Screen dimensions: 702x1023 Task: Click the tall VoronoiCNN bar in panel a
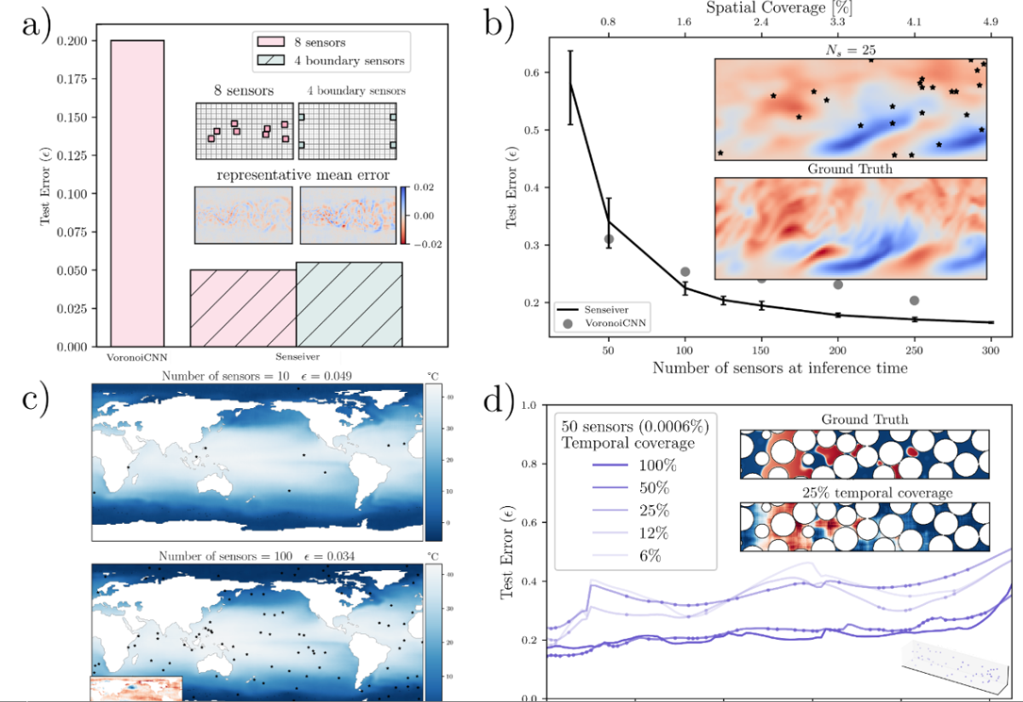137,193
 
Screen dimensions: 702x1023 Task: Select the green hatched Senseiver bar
350,304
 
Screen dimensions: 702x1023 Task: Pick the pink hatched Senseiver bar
242,308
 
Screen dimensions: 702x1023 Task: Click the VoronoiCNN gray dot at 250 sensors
914,300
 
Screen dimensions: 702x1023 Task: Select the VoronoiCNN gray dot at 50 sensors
609,239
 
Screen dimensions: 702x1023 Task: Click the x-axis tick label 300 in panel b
990,353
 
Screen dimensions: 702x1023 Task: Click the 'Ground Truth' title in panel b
849,169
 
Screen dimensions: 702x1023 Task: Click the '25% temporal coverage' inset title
864,492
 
